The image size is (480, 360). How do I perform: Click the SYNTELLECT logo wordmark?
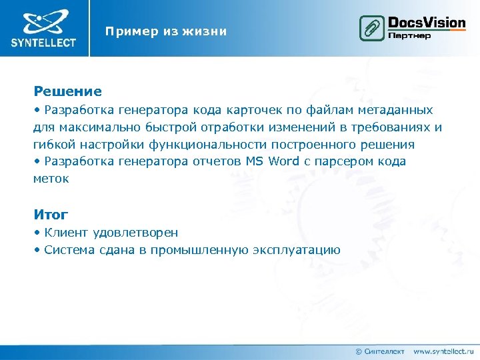click(x=43, y=43)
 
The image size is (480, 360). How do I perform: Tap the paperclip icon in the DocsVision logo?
click(x=371, y=29)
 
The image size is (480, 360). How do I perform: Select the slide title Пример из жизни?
click(x=166, y=31)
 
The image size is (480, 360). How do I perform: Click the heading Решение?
click(x=67, y=91)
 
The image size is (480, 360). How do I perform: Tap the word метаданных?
click(x=396, y=109)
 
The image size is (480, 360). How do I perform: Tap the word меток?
click(x=51, y=179)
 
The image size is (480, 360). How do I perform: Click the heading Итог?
click(x=51, y=214)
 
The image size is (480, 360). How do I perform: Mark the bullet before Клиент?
click(x=37, y=233)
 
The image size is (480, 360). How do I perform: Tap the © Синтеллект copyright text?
click(x=379, y=351)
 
